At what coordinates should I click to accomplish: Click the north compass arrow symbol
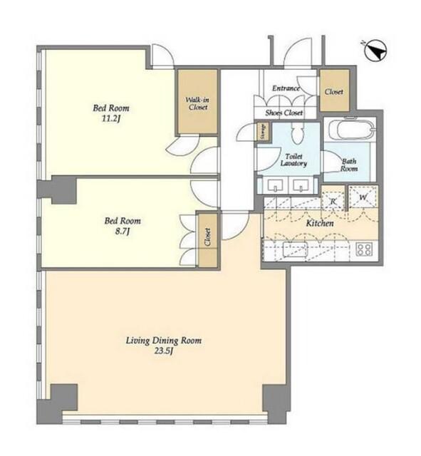pyautogui.click(x=375, y=51)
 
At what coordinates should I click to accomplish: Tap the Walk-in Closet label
pyautogui.click(x=197, y=103)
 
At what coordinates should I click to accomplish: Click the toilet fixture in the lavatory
pyautogui.click(x=297, y=133)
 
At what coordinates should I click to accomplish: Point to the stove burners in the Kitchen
pyautogui.click(x=364, y=249)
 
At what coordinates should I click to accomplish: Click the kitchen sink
pyautogui.click(x=295, y=249)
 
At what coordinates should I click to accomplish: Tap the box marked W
pyautogui.click(x=363, y=197)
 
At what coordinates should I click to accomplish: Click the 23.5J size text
pyautogui.click(x=164, y=351)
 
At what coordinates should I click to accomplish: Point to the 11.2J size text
pyautogui.click(x=111, y=119)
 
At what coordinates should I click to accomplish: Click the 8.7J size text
pyautogui.click(x=122, y=231)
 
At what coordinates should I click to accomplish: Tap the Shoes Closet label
pyautogui.click(x=284, y=113)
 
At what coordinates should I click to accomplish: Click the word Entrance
pyautogui.click(x=286, y=88)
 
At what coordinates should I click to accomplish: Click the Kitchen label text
pyautogui.click(x=320, y=223)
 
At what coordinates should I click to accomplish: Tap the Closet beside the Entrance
pyautogui.click(x=334, y=90)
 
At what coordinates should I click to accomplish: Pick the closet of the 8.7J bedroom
pyautogui.click(x=207, y=240)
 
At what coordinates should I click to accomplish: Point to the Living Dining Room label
pyautogui.click(x=164, y=341)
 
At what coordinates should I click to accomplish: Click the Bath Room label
pyautogui.click(x=349, y=165)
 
